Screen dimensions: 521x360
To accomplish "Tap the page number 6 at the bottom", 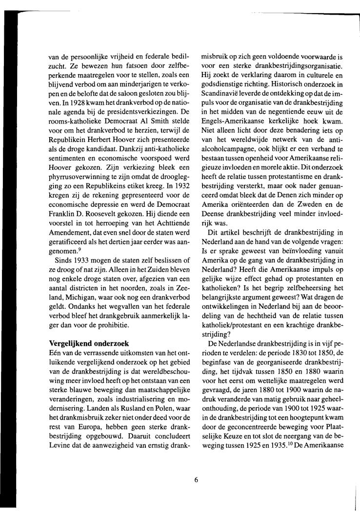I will (196, 465).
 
